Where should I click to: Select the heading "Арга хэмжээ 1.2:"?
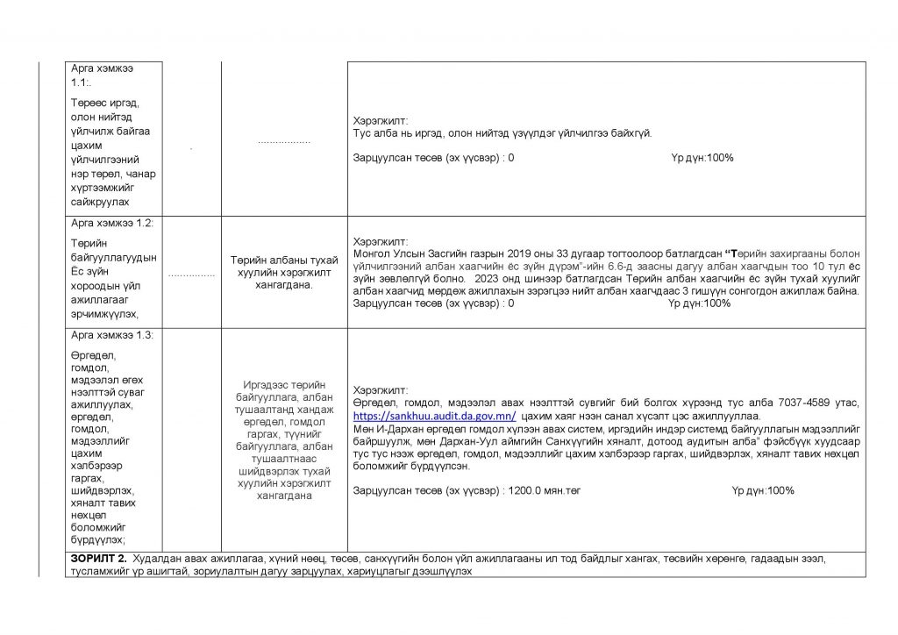pos(112,224)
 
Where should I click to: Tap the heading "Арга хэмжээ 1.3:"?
pos(112,335)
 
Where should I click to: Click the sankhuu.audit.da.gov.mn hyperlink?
pos(434,416)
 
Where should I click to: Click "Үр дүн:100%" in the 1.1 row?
pos(702,158)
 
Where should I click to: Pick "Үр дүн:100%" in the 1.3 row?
pos(762,490)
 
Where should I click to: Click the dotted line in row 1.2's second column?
pos(191,274)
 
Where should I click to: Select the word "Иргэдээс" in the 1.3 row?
pos(266,385)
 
